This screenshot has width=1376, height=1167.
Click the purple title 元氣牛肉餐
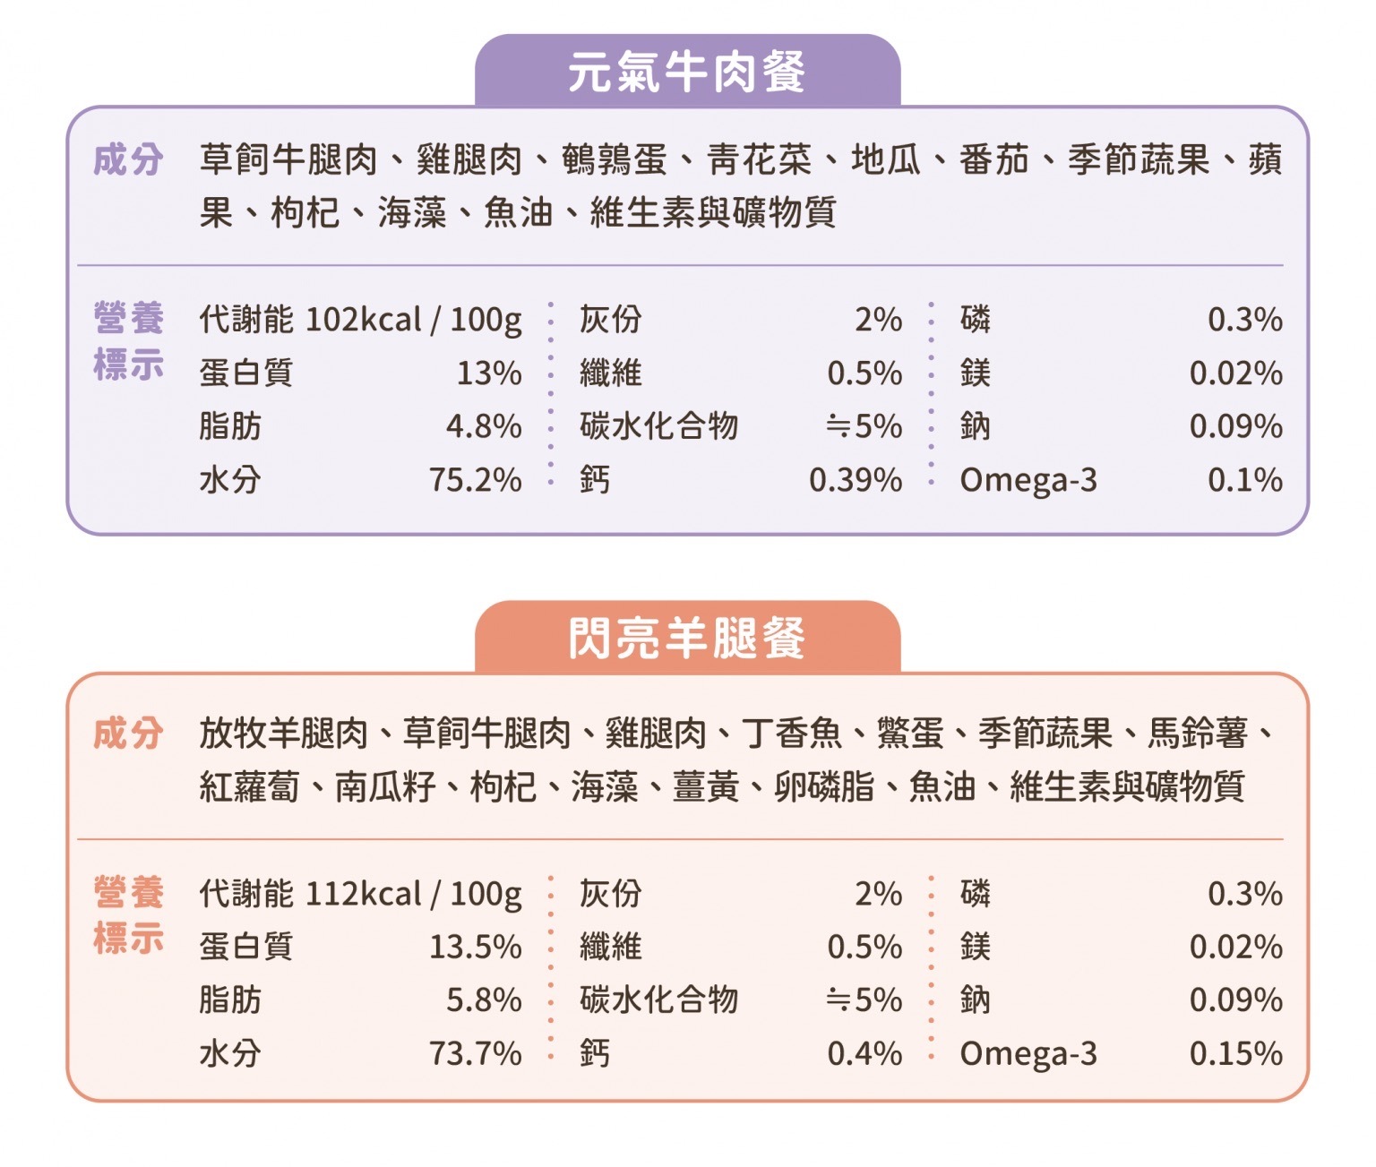click(x=687, y=73)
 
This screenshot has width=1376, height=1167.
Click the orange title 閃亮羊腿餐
click(x=687, y=639)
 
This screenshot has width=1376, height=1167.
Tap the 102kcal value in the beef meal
click(x=363, y=320)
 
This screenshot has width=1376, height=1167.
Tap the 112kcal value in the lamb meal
click(x=363, y=894)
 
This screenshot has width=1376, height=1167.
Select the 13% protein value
click(x=489, y=373)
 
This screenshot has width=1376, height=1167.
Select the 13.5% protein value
click(x=476, y=947)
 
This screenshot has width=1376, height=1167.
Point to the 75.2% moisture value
click(x=476, y=480)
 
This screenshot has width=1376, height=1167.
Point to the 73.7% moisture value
click(x=476, y=1053)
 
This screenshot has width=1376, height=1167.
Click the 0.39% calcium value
click(x=856, y=480)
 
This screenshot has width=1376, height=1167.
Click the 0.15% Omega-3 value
click(x=1236, y=1053)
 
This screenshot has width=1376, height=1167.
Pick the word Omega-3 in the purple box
click(x=1028, y=481)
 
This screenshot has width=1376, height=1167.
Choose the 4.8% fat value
click(x=484, y=426)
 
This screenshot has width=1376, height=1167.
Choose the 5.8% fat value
click(x=484, y=1000)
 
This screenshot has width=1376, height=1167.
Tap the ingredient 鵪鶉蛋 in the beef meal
click(x=615, y=160)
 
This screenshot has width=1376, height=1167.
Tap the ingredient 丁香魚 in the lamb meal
click(x=792, y=734)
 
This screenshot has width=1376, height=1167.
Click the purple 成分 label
click(x=128, y=160)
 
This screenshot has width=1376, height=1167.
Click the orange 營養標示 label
click(x=128, y=915)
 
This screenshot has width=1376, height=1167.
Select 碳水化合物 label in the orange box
click(x=658, y=1000)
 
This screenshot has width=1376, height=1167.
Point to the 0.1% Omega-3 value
click(x=1245, y=480)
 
